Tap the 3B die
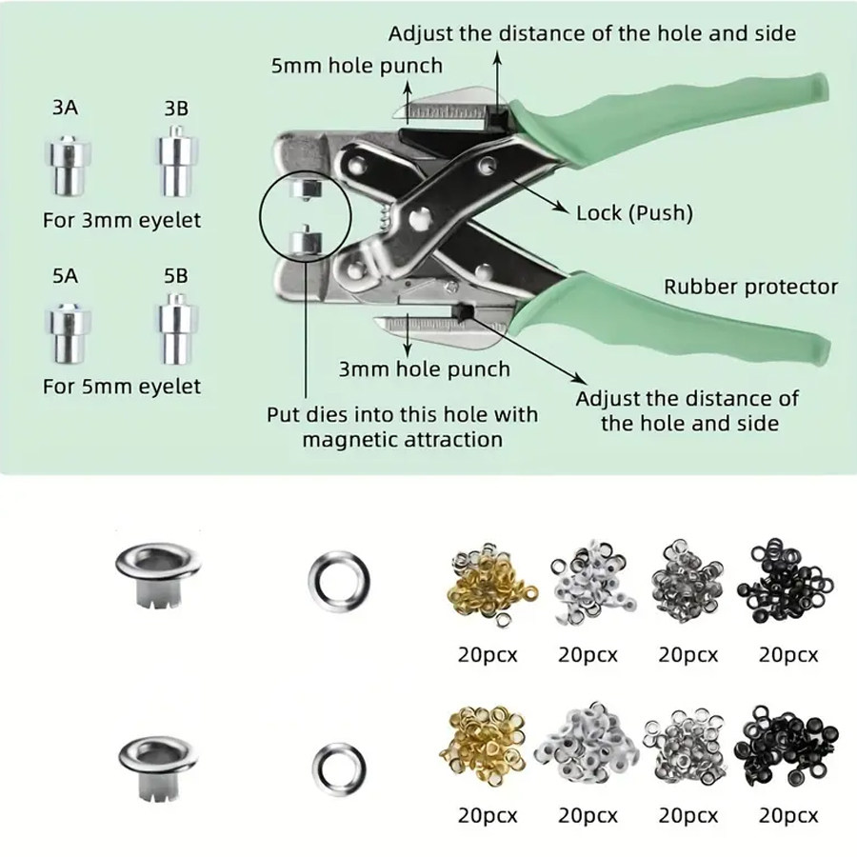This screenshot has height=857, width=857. tap(175, 159)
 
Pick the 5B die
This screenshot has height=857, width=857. tap(175, 326)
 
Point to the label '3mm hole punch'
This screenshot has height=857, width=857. tap(425, 369)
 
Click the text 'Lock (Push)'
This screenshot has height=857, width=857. tap(634, 211)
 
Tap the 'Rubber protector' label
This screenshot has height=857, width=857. tap(750, 286)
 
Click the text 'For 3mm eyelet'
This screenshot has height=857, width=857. tap(122, 220)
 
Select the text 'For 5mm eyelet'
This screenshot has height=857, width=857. tap(122, 387)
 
